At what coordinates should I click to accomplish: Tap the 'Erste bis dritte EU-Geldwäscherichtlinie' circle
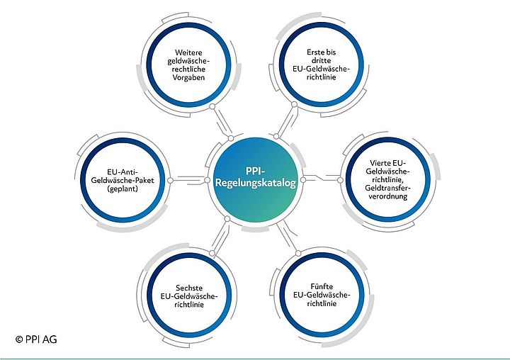click(x=322, y=64)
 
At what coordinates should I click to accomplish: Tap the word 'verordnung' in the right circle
click(x=387, y=198)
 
